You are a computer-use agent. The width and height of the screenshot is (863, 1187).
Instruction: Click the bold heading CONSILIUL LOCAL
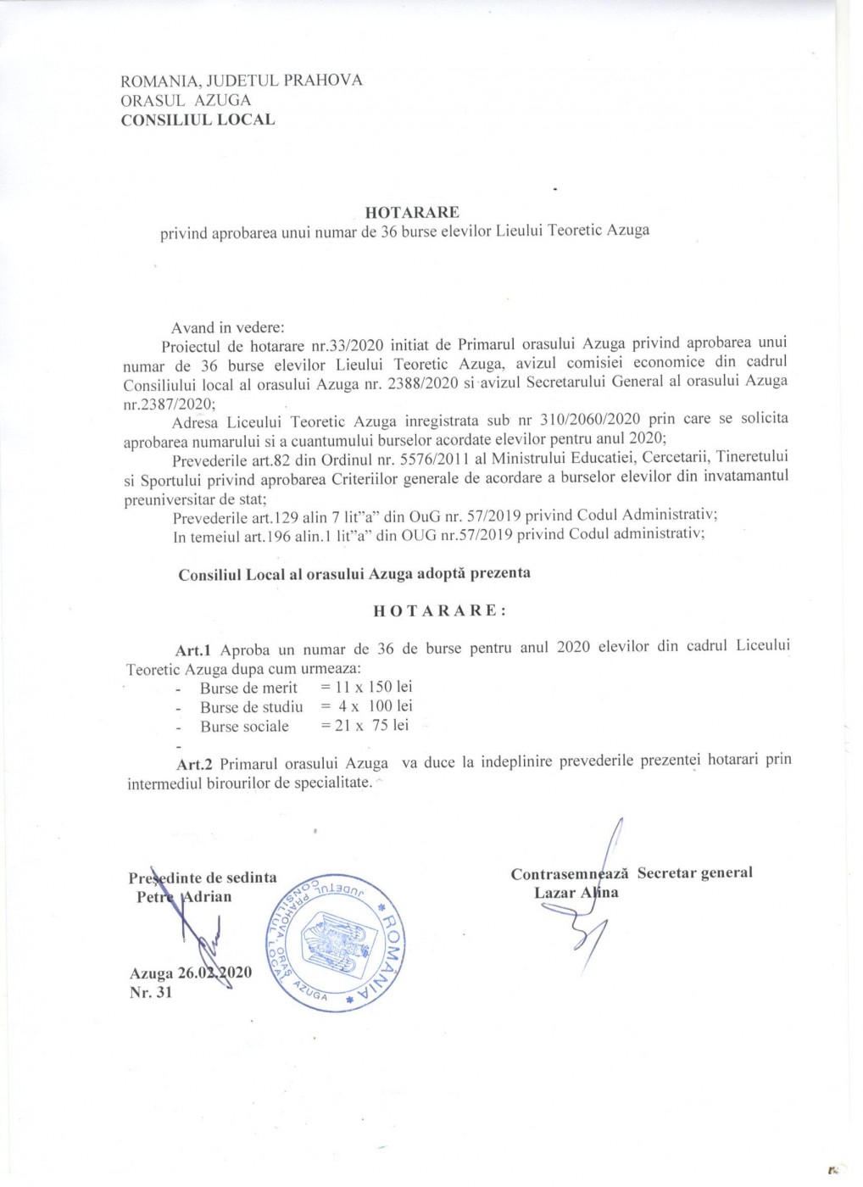click(198, 120)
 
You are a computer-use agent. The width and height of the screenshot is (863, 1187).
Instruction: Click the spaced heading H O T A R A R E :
click(441, 610)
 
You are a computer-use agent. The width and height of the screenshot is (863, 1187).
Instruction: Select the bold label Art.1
click(192, 650)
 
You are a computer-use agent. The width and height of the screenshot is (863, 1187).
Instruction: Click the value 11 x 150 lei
click(374, 687)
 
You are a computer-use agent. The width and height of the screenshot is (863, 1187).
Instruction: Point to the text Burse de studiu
click(252, 707)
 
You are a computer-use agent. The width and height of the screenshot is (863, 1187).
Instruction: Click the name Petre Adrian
click(184, 897)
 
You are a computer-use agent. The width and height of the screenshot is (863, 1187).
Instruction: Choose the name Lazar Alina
click(576, 892)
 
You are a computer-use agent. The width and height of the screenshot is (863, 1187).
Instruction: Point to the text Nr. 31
click(152, 992)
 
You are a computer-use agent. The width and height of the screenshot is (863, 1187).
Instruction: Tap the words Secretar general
click(694, 873)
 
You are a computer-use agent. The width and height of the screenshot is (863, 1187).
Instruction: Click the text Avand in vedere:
click(228, 327)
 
